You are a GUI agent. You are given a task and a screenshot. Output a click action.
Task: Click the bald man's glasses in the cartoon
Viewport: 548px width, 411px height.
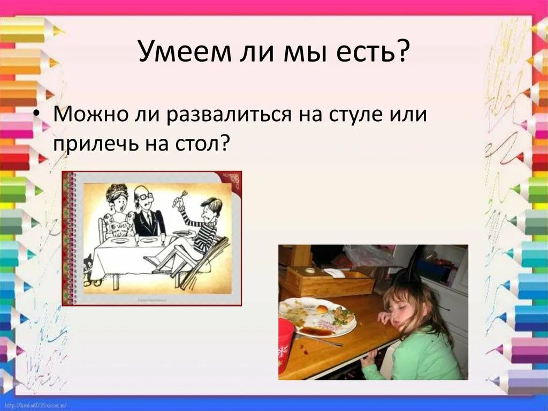point(143,197)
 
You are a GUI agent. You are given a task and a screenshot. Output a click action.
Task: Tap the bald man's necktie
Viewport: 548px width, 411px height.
point(148,220)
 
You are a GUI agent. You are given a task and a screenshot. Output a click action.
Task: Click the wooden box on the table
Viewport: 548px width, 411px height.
point(329,281)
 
